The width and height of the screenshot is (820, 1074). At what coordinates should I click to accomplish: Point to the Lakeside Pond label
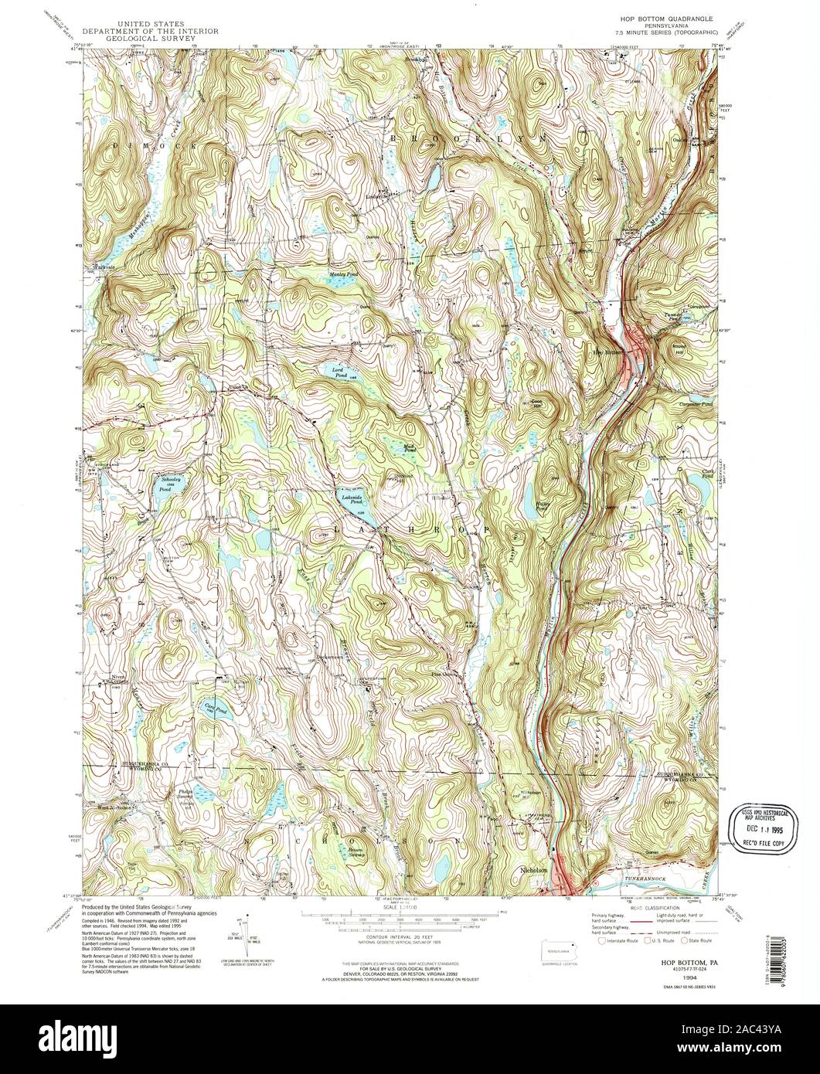pyautogui.click(x=352, y=499)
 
